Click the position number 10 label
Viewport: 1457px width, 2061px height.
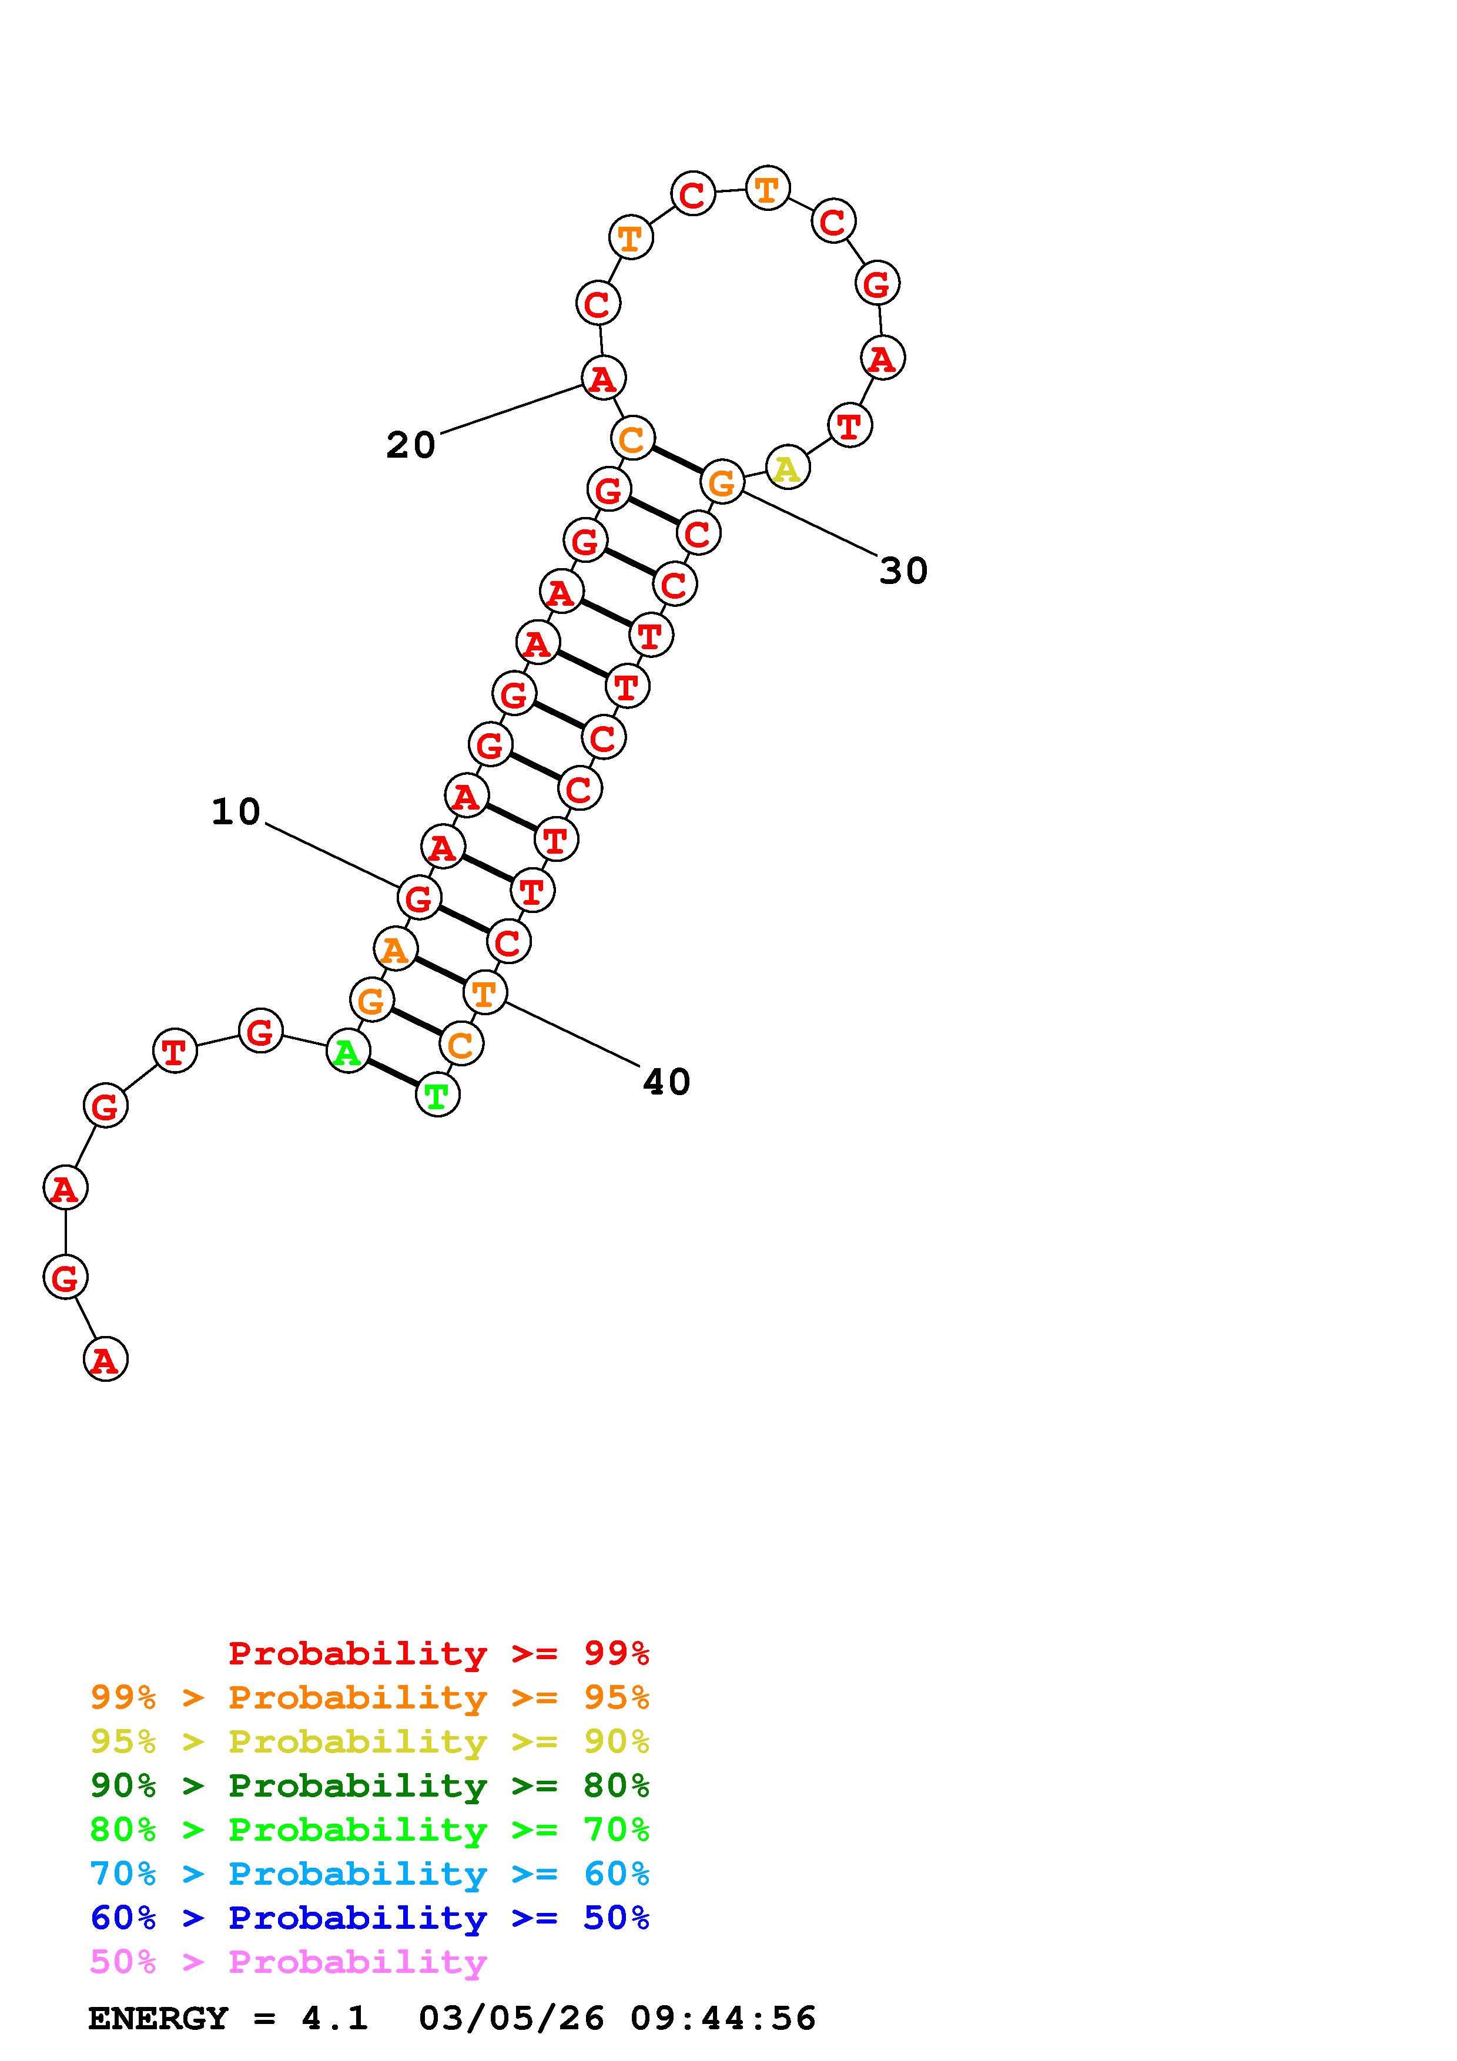235,811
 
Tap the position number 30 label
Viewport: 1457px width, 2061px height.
903,570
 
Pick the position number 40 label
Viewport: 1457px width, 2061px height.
666,1082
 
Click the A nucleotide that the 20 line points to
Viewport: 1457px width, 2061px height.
603,377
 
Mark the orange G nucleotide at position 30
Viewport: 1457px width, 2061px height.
722,482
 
